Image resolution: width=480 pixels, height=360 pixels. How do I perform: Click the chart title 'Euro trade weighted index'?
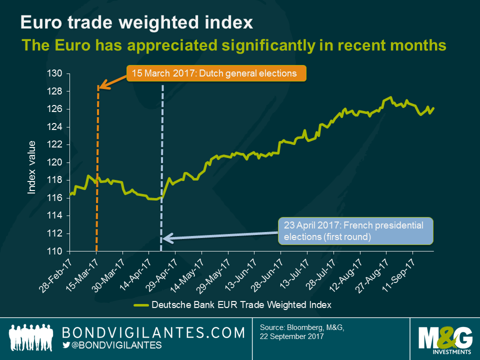click(136, 22)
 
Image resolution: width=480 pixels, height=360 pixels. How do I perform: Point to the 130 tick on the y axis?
click(55, 73)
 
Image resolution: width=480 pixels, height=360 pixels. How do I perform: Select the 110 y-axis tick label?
click(55, 251)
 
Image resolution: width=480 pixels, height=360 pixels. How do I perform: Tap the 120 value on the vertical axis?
click(55, 162)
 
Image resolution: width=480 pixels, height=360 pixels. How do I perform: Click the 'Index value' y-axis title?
click(31, 167)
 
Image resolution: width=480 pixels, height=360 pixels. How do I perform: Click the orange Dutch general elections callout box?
click(216, 73)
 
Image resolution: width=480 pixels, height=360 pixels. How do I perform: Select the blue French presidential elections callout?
click(355, 231)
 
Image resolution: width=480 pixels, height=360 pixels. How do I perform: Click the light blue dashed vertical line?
click(162, 150)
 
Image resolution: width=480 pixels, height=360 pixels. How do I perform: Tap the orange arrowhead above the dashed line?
click(99, 87)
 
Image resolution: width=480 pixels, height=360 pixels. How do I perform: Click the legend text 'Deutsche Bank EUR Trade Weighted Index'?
click(241, 304)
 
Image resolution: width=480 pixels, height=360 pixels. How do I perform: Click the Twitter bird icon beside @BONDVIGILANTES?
click(66, 345)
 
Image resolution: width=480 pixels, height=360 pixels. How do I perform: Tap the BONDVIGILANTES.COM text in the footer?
click(153, 332)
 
